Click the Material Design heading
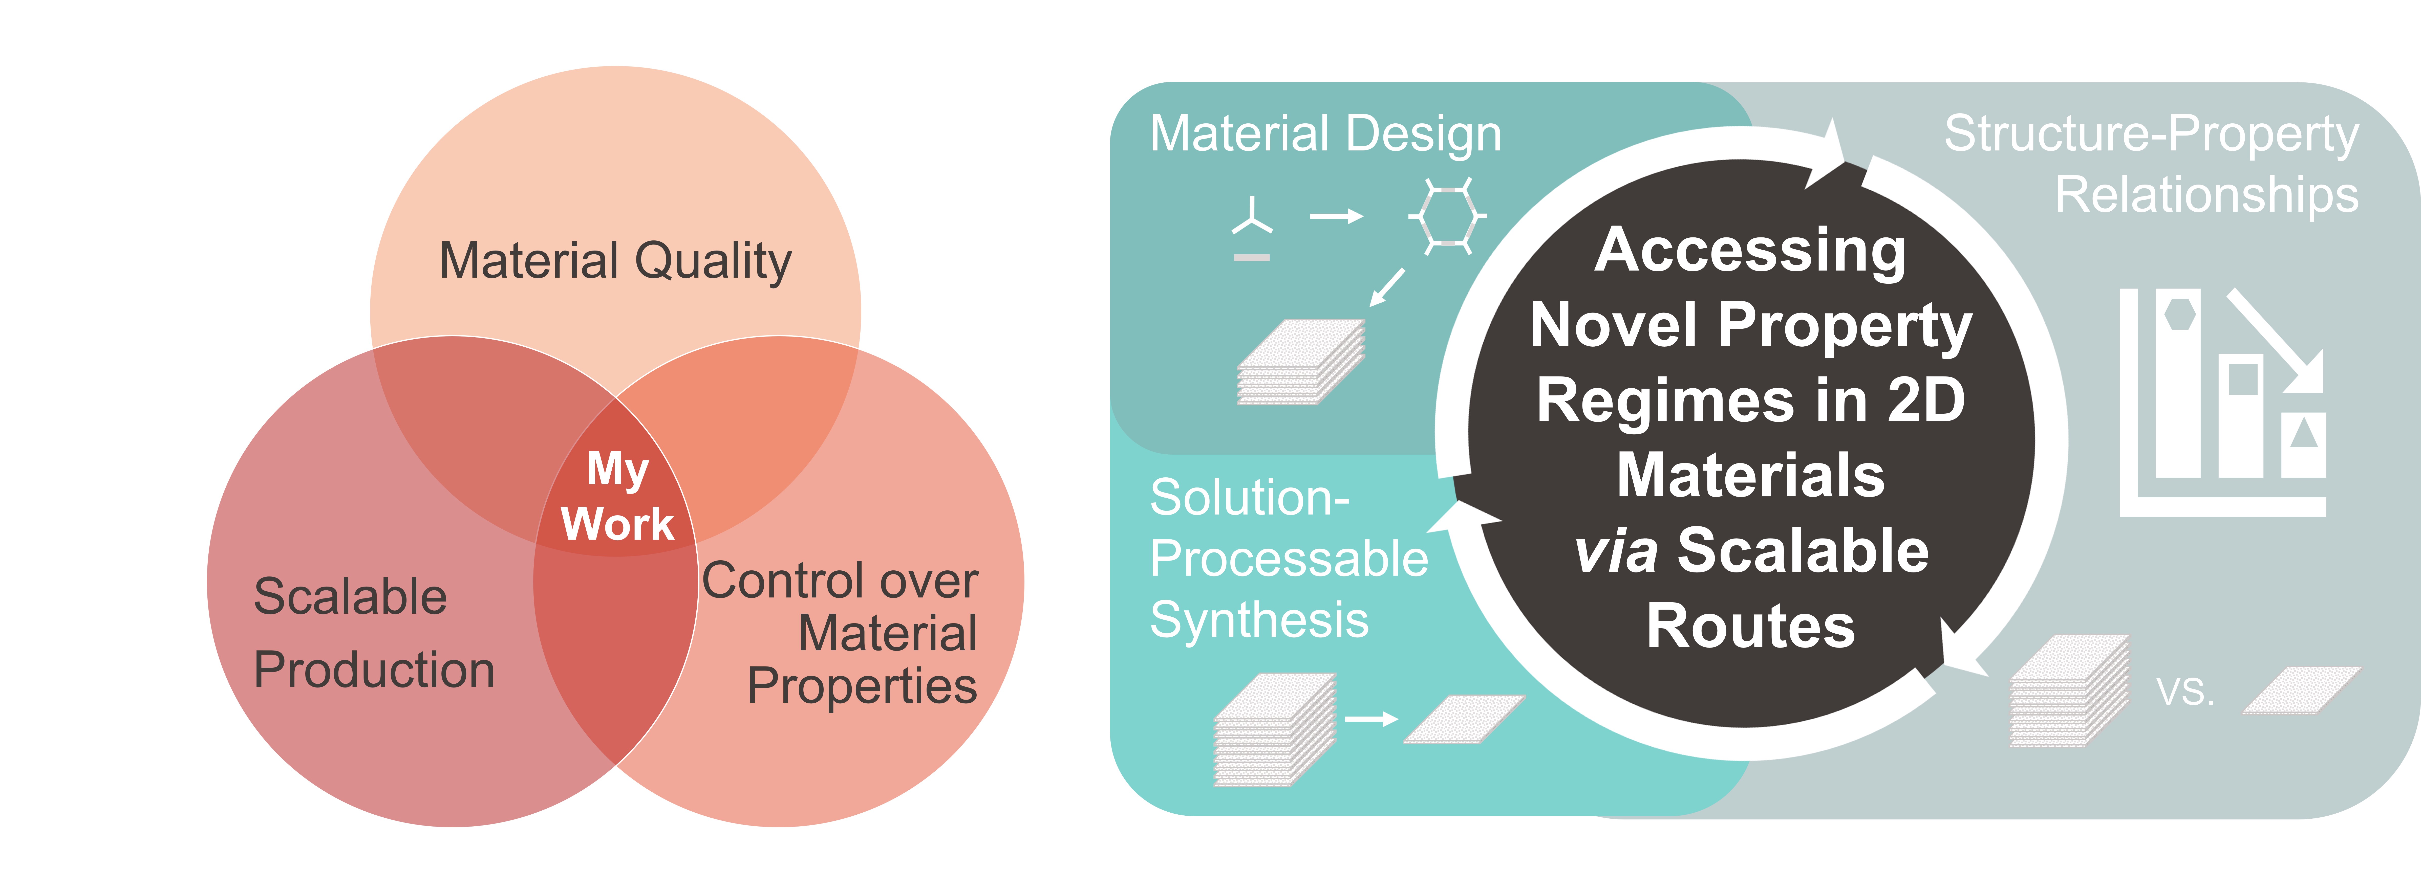tap(1325, 133)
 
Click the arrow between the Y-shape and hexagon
tap(1336, 217)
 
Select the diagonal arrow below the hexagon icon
tap(1387, 287)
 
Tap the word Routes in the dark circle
tap(1750, 626)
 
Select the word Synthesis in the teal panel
tap(1259, 620)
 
